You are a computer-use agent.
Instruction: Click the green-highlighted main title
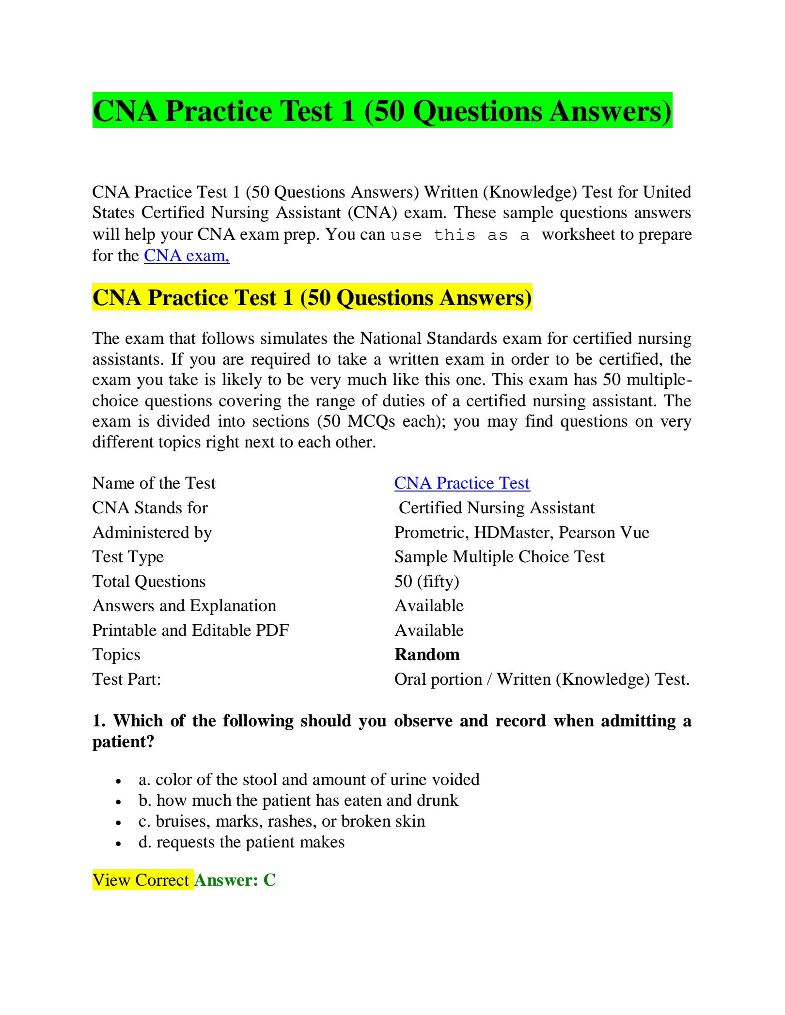[382, 111]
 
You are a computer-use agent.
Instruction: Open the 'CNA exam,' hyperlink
[187, 255]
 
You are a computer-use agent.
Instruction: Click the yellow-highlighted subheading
[312, 297]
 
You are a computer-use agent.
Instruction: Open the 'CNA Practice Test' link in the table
[462, 483]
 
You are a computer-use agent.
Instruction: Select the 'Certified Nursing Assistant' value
[496, 507]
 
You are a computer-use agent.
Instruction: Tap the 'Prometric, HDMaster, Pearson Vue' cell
[521, 532]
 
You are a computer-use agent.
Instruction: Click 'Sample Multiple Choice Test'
[499, 556]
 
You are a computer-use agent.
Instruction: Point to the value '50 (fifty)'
[426, 581]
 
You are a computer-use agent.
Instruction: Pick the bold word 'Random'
[427, 654]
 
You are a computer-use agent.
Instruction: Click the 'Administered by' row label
[152, 532]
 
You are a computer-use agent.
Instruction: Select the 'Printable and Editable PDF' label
[190, 630]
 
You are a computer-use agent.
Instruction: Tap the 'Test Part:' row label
[126, 679]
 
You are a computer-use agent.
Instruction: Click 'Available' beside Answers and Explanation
[429, 605]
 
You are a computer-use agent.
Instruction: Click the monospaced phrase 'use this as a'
[460, 235]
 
